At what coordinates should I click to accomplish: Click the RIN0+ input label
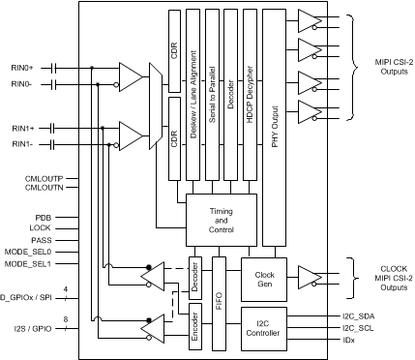(22, 67)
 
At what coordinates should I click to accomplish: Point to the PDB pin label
(42, 218)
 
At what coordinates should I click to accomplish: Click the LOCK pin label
(40, 229)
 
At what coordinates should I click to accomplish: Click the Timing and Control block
(222, 218)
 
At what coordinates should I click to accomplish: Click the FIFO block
(219, 300)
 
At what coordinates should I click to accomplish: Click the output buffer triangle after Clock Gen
(308, 277)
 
